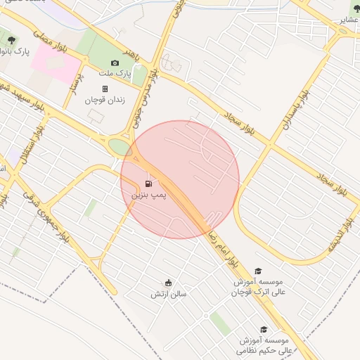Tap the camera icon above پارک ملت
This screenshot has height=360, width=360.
(x=115, y=63)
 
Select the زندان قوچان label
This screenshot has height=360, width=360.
(x=105, y=100)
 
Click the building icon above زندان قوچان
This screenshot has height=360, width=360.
(x=105, y=89)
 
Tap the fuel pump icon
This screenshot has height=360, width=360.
(x=149, y=184)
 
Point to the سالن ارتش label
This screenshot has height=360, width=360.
(x=169, y=294)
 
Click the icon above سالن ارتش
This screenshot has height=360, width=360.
(x=169, y=283)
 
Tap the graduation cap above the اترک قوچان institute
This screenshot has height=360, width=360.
(x=258, y=271)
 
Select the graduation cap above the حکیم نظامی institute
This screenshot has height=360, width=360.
(x=264, y=329)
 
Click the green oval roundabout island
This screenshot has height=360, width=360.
(x=120, y=148)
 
